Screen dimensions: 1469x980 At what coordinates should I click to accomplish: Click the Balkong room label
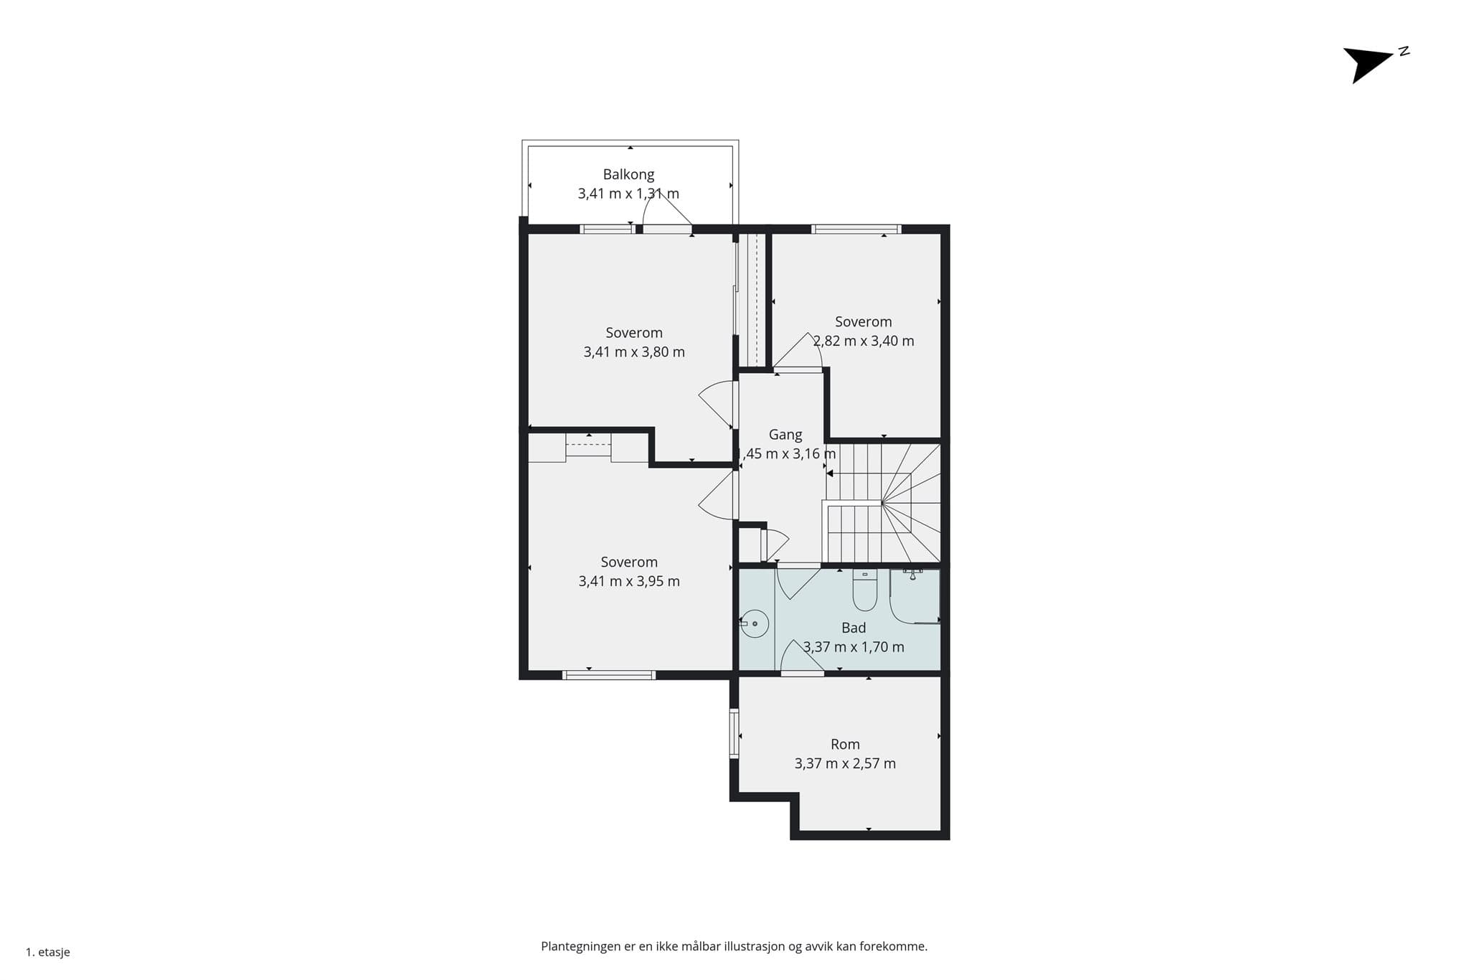pos(628,174)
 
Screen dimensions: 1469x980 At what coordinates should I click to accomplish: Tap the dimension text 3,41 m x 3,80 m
pos(634,352)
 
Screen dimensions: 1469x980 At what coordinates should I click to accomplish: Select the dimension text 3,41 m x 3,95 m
pos(629,582)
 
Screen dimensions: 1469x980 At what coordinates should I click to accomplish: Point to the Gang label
pos(785,435)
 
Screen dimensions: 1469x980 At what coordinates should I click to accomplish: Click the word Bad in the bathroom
pos(854,628)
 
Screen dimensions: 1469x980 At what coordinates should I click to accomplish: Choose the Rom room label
pos(845,745)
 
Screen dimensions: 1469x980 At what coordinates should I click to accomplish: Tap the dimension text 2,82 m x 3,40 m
pos(864,341)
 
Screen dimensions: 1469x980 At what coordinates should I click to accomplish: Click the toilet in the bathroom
pos(865,590)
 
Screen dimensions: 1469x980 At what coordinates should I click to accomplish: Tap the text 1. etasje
pos(48,953)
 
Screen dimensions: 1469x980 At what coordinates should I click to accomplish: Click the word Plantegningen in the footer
pos(581,947)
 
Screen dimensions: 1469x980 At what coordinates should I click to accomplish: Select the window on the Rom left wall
pos(734,733)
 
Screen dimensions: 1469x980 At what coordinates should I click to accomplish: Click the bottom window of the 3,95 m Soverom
pos(609,674)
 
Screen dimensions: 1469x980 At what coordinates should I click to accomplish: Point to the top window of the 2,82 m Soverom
pos(856,230)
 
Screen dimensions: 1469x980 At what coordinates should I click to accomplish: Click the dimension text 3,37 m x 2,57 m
pos(845,764)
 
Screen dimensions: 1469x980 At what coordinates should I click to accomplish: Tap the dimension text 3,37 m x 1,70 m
pos(854,647)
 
